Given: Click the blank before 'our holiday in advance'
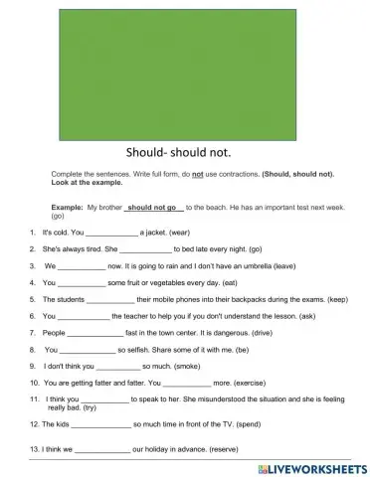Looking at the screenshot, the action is coord(102,449).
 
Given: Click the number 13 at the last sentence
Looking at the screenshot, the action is coord(36,449).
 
